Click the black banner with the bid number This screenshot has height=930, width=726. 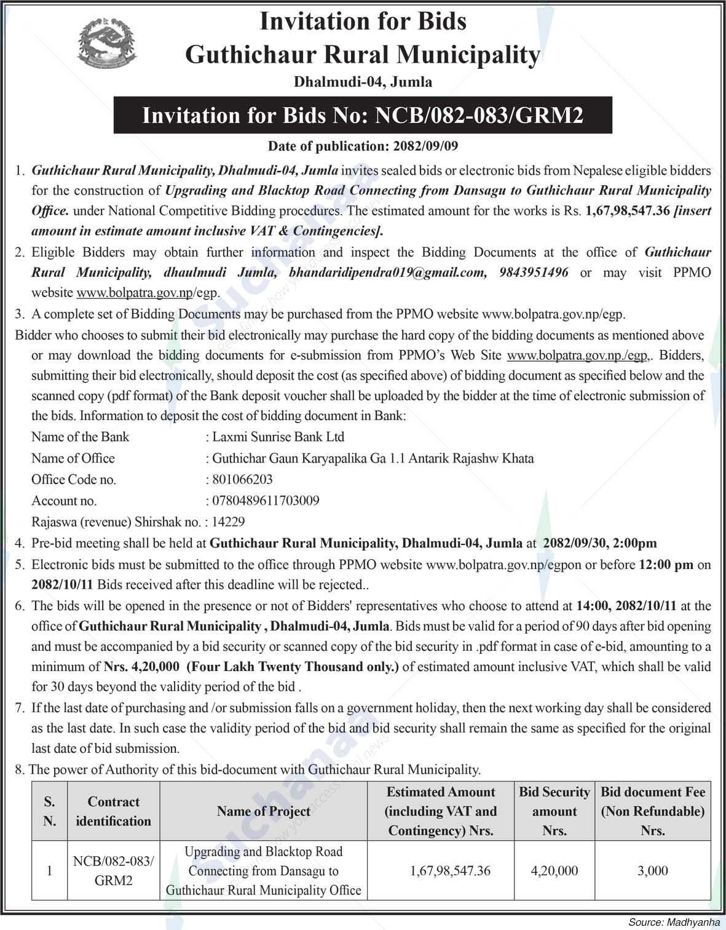pos(363,115)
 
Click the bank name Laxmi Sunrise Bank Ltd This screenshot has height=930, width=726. pos(278,437)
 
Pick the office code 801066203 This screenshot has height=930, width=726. pos(242,479)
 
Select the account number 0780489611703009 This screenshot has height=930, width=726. pos(266,501)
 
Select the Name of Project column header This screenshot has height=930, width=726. pos(263,811)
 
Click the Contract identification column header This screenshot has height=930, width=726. pos(114,811)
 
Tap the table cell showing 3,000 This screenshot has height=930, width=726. pos(653,871)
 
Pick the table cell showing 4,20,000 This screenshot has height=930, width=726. pos(554,871)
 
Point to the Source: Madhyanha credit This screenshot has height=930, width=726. pos(674,923)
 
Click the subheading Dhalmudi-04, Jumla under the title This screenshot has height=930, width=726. pos(363,81)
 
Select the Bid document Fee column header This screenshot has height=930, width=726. pos(653,811)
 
